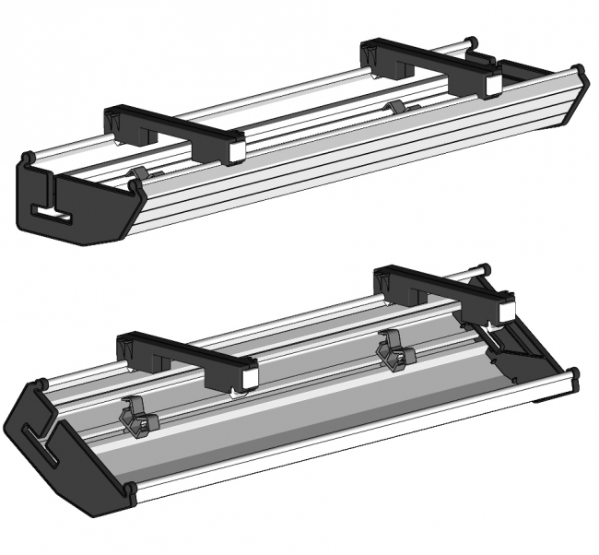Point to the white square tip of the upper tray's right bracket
point(491,86)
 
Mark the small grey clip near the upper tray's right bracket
point(393,108)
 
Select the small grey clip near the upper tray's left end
point(140,175)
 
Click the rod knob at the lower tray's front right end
point(573,375)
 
